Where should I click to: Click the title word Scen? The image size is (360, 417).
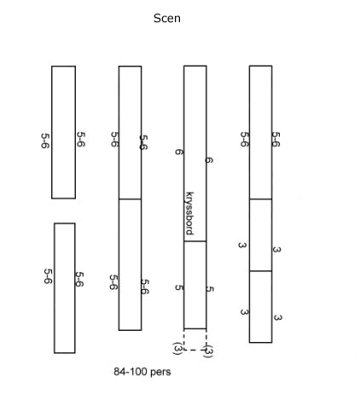click(167, 18)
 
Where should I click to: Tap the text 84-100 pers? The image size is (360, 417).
click(142, 372)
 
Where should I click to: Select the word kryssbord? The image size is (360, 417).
click(189, 213)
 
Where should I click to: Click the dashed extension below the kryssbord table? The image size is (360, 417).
click(195, 350)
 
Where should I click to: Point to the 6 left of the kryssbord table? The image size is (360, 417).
click(178, 152)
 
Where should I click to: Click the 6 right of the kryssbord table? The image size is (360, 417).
click(209, 160)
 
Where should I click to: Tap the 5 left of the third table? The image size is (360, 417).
click(179, 287)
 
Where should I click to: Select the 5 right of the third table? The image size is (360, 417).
click(209, 289)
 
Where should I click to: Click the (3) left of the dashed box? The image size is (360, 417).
click(177, 348)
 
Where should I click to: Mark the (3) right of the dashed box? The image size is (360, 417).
click(208, 350)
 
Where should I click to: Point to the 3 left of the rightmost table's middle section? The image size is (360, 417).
click(242, 245)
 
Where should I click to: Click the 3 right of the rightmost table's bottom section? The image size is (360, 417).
click(277, 317)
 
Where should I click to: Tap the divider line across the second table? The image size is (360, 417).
click(130, 199)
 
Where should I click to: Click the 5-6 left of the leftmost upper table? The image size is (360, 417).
click(45, 141)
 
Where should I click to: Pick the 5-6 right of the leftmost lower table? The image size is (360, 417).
click(79, 280)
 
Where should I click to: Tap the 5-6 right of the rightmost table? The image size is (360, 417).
click(276, 139)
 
